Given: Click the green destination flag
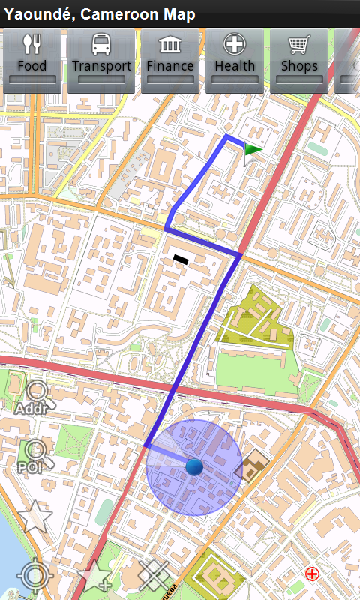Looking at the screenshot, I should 253,150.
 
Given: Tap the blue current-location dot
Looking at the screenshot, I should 194,467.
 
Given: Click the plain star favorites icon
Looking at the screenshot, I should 34,517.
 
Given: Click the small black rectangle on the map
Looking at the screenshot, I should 180,259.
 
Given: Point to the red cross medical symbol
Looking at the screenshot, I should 312,574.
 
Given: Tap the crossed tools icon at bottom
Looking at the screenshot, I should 154,576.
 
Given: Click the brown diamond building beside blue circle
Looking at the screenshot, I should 251,467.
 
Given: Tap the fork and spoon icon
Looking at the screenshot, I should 31,45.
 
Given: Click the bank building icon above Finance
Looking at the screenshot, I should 170,45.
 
